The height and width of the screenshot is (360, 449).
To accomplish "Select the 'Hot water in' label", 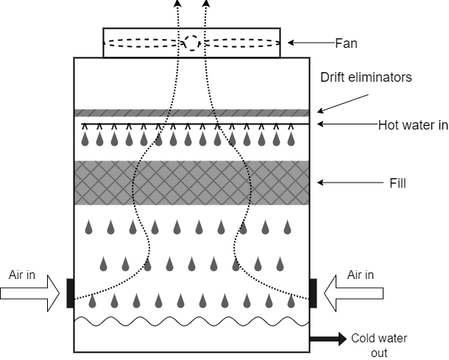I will [413, 125].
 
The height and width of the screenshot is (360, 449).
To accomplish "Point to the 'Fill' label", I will [397, 182].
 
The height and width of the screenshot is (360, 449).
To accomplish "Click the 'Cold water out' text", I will [378, 345].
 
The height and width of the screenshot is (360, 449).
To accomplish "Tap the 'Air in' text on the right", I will [360, 275].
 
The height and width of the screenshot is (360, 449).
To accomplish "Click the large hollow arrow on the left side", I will [29, 292].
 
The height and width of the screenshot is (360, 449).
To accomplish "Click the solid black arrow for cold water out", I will [328, 339].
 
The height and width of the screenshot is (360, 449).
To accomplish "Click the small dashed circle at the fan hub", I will [191, 43].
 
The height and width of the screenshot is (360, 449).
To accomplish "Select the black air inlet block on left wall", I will [70, 292].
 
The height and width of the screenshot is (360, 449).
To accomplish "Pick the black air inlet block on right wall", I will [313, 292].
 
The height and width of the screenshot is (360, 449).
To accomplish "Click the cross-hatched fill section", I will [191, 183].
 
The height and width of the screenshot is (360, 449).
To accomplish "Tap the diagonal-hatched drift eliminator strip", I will [191, 113].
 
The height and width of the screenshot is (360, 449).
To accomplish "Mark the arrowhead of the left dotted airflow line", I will [177, 4].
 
